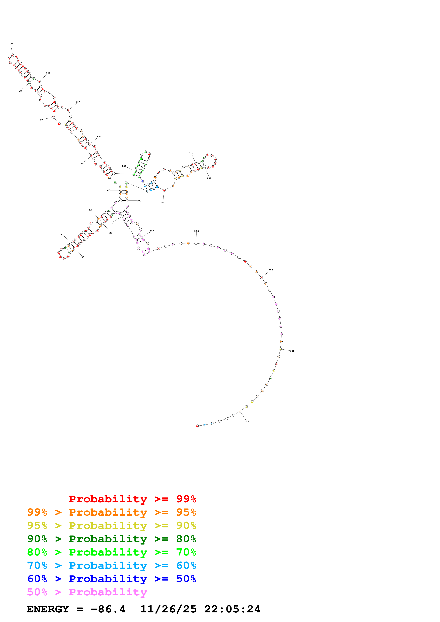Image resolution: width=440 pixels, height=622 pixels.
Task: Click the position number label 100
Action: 10,44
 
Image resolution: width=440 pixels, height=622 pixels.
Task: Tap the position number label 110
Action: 48,73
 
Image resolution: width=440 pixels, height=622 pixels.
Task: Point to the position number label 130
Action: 99,137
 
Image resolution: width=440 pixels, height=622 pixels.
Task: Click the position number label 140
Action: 124,166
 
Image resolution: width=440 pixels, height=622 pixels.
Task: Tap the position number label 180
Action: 209,178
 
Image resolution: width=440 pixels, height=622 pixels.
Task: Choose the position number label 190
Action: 163,202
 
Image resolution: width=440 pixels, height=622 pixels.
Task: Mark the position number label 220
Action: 196,231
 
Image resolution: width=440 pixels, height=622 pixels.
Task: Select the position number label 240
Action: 292,351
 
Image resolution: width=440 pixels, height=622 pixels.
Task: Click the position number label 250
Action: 246,421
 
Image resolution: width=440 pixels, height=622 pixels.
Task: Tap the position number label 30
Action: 83,257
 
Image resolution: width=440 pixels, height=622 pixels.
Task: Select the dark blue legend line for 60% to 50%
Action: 111,579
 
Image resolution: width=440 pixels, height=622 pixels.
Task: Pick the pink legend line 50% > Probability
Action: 87,592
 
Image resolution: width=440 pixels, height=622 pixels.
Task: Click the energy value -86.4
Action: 108,609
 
